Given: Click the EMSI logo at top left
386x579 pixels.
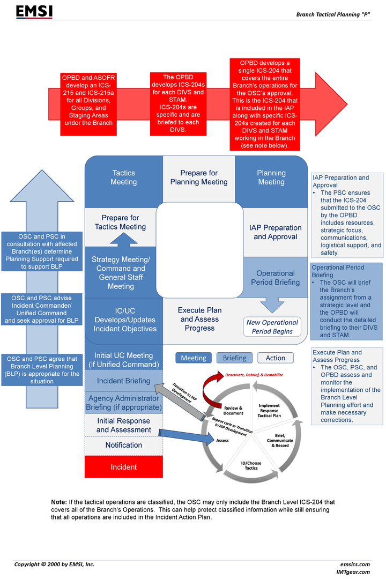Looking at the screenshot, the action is coord(34,11).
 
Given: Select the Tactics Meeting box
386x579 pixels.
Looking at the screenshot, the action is coord(124,181).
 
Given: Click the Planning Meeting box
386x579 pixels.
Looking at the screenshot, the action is coord(271,181).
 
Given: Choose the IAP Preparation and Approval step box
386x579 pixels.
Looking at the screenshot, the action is coord(275,232).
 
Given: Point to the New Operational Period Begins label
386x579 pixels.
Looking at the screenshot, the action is coord(272,327).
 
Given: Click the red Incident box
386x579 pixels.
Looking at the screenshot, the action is coord(124,467).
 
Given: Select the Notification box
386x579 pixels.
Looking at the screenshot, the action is coord(124,446).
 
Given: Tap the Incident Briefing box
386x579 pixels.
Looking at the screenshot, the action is coord(124,381).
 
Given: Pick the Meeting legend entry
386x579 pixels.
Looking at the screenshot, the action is coord(194,358).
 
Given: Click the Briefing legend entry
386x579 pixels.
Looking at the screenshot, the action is coord(235,358).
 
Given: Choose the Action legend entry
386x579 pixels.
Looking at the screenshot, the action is coord(276,358).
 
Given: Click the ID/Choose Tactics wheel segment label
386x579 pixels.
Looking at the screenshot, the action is coord(251,466).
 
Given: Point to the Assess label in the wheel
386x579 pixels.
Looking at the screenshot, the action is coord(222,441).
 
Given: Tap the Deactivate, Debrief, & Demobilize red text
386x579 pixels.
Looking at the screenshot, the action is coord(254,375).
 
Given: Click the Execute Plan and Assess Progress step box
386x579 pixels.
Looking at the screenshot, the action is coord(199,320).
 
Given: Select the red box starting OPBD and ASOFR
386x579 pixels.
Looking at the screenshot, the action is coord(88,104).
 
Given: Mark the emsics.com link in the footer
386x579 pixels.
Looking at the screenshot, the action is coord(355,564).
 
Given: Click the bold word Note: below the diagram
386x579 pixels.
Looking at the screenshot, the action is coord(59,502).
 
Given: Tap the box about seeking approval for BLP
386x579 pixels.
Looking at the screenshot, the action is coord(42,309).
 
